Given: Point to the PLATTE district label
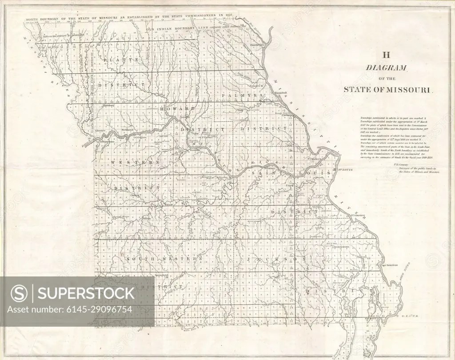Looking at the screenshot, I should click(115, 59).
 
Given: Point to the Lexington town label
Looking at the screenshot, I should click(140, 137).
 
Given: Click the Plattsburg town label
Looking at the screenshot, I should click(108, 106).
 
